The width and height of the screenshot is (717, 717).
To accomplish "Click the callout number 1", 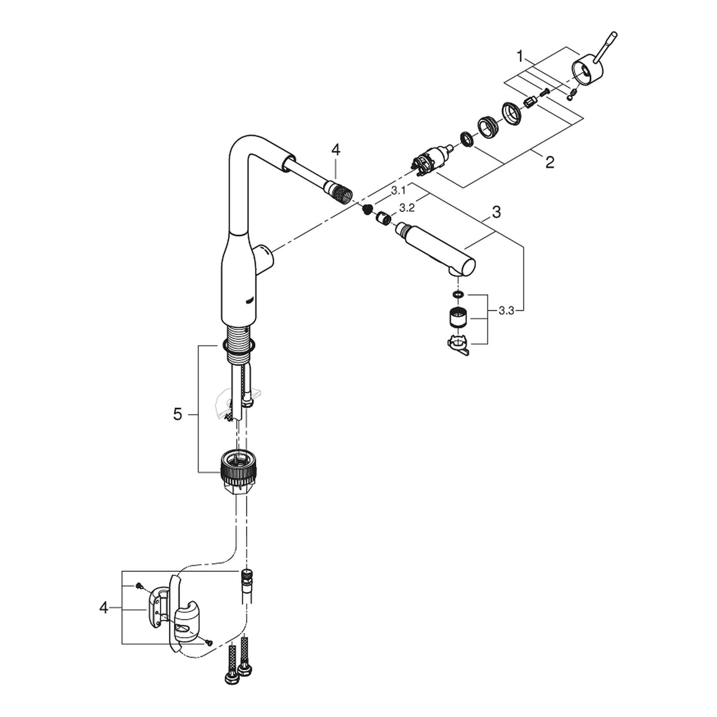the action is (x=520, y=57).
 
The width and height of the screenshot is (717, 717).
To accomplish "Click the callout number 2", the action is (x=550, y=162).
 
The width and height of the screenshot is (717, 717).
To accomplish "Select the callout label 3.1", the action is (x=398, y=191).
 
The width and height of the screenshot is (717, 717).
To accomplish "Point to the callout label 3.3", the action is (x=506, y=311).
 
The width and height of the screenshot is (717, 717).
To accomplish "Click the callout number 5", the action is (x=178, y=415).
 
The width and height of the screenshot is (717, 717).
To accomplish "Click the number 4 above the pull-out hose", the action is (x=336, y=150).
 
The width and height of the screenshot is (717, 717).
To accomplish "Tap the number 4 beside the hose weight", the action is (x=104, y=608).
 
